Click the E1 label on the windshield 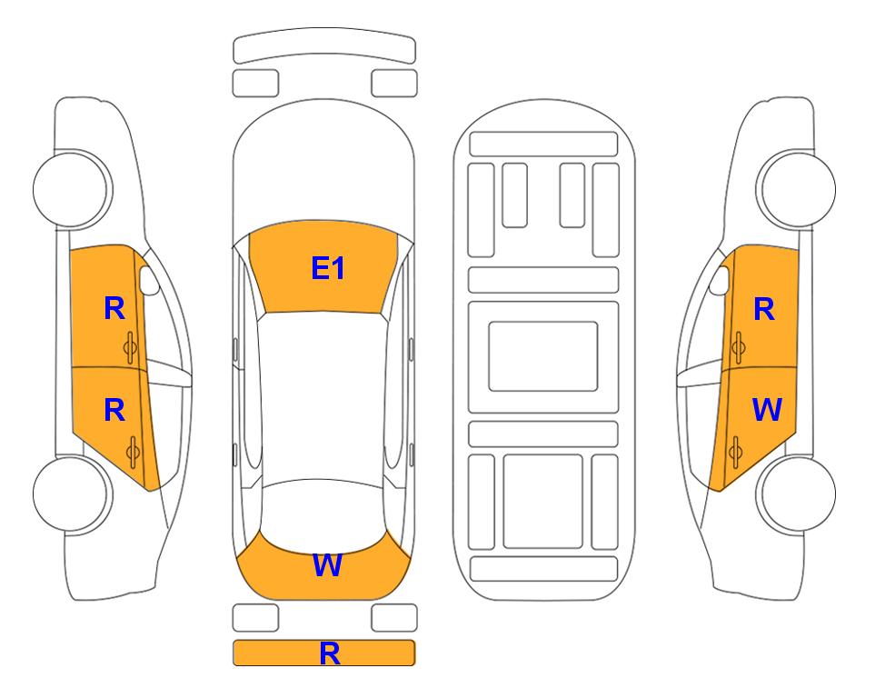coord(328,268)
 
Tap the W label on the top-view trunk coord(327,565)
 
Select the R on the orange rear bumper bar coord(329,653)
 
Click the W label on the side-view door coord(767,409)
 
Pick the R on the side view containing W coord(764,309)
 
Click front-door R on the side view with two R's coord(114,308)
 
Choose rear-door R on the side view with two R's coord(114,410)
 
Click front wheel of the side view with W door coord(796,189)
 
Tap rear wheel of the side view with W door coord(796,494)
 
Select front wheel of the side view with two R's coord(73,189)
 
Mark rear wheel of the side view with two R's coord(73,494)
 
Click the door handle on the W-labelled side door coord(735,453)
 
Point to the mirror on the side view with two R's coord(149,280)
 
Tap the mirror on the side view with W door coord(720,280)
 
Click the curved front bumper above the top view coord(324,45)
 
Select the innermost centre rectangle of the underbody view coord(543,356)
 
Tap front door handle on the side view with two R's coord(131,348)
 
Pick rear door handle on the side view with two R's coord(133,453)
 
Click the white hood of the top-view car coord(323,162)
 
